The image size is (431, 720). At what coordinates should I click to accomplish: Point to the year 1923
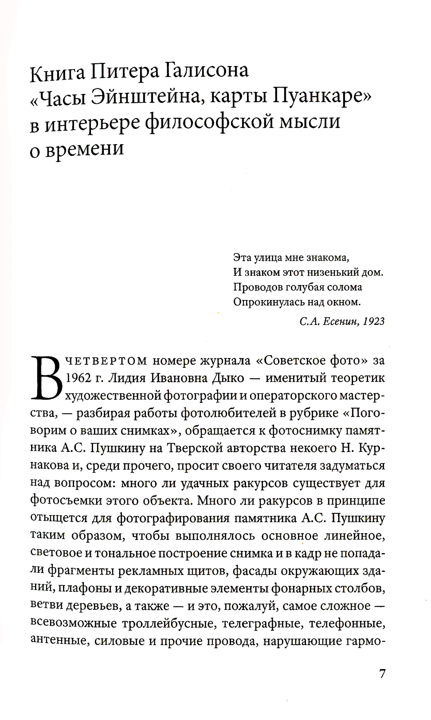pos(374,321)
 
